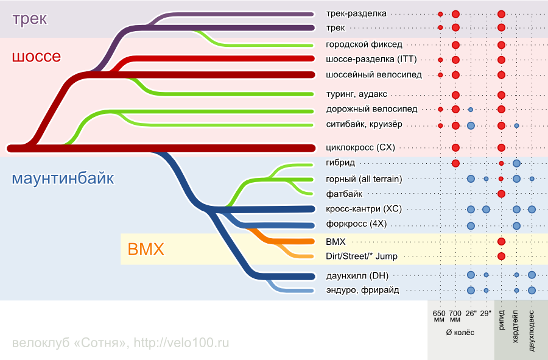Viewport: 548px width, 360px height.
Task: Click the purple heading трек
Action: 29,19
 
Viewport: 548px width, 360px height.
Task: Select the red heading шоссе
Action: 37,56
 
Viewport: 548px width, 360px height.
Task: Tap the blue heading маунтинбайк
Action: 63,178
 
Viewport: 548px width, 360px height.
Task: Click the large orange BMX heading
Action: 146,249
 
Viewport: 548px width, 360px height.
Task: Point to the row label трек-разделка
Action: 356,13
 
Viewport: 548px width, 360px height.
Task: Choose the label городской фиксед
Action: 364,44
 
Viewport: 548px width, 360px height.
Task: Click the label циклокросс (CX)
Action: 360,147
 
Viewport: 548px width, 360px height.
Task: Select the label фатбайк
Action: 344,194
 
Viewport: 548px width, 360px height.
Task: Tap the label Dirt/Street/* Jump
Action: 361,256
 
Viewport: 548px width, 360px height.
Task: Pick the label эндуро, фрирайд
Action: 362,290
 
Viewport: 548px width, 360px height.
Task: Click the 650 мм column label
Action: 439,316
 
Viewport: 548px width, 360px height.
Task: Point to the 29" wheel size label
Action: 486,314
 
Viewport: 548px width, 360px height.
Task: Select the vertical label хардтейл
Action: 516,326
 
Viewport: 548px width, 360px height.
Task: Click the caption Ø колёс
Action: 460,333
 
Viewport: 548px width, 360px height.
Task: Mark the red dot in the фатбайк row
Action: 501,194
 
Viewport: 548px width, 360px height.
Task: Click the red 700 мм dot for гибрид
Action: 455,163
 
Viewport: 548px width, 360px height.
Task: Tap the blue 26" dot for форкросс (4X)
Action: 471,226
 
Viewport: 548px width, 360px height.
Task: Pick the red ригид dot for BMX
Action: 501,241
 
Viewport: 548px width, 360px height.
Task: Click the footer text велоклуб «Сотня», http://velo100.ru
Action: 121,343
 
